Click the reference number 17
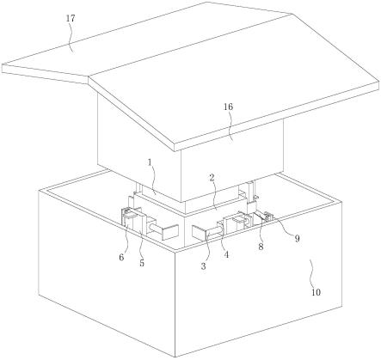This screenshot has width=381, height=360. point(71,19)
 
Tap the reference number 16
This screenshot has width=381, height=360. point(228,107)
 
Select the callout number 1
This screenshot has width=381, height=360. point(150,162)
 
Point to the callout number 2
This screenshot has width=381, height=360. point(212,178)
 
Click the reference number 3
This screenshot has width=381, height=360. point(203,266)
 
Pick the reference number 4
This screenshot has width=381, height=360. point(226,254)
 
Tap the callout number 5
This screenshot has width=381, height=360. point(142,263)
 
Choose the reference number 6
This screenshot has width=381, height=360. point(121,258)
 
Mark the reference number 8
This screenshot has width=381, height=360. point(261,247)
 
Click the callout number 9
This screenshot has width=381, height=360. point(297,238)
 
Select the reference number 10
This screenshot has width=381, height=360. point(316,292)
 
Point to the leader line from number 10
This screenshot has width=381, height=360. point(312,273)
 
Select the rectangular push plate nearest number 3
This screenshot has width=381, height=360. point(200,233)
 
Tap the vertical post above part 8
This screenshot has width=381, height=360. point(251,192)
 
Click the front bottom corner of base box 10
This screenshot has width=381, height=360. point(175,357)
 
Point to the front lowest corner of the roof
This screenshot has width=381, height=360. point(175,151)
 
